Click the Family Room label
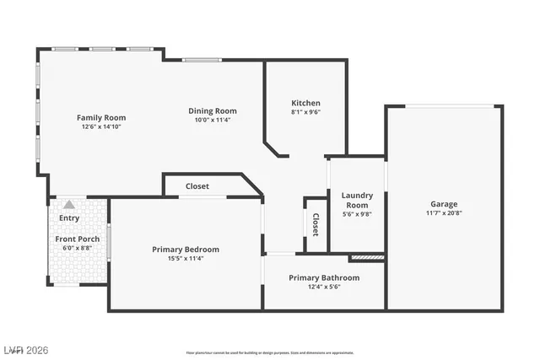(x=101, y=117)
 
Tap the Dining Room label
(x=212, y=110)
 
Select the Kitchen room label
(x=305, y=102)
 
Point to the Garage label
(x=444, y=204)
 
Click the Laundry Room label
(x=356, y=200)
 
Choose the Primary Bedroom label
(x=186, y=249)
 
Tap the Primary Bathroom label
(x=324, y=277)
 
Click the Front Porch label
(x=78, y=239)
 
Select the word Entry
(x=69, y=218)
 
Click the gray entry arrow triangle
(x=68, y=204)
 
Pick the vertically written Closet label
(x=316, y=223)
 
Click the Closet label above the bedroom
(x=197, y=185)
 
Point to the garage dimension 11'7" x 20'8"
(x=444, y=213)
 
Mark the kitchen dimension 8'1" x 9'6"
(x=305, y=111)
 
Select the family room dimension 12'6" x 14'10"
(x=102, y=126)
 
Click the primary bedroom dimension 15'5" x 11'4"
(x=185, y=258)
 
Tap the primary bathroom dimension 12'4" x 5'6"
(x=324, y=287)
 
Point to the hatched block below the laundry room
(x=367, y=256)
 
